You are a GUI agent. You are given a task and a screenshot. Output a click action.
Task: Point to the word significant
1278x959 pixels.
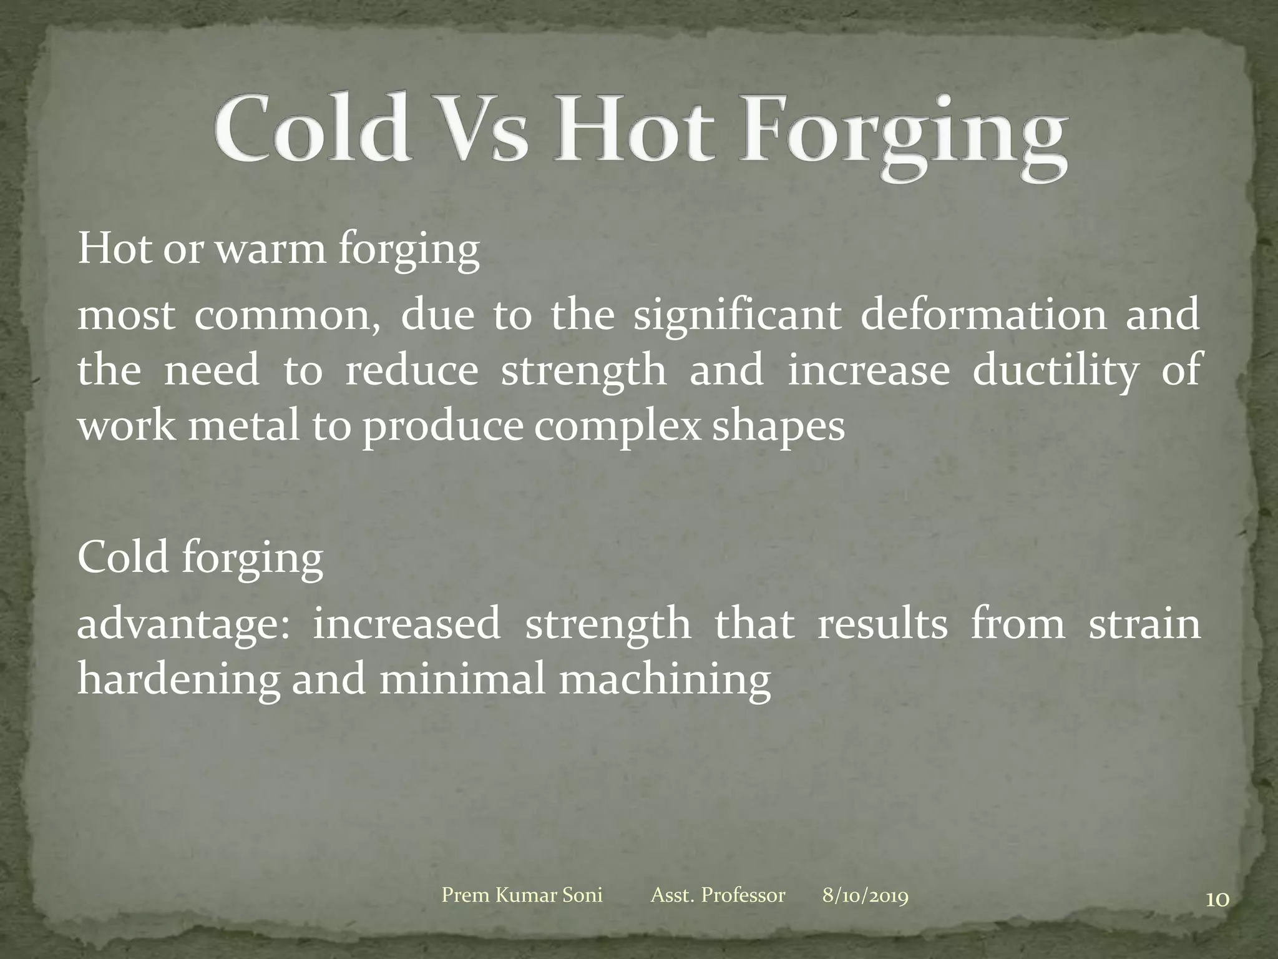tap(736, 315)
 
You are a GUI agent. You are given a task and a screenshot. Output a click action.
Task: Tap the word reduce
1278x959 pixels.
tap(411, 370)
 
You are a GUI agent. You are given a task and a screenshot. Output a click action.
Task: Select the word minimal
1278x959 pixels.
tap(462, 679)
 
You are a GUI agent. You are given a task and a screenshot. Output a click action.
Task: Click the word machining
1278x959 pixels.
tap(665, 681)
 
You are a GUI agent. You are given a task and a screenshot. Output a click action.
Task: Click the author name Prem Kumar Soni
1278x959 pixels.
tap(522, 895)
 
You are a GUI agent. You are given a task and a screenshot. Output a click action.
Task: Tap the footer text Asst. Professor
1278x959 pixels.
tap(718, 895)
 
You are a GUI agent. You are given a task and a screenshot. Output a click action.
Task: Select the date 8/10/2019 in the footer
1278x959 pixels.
tap(865, 895)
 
